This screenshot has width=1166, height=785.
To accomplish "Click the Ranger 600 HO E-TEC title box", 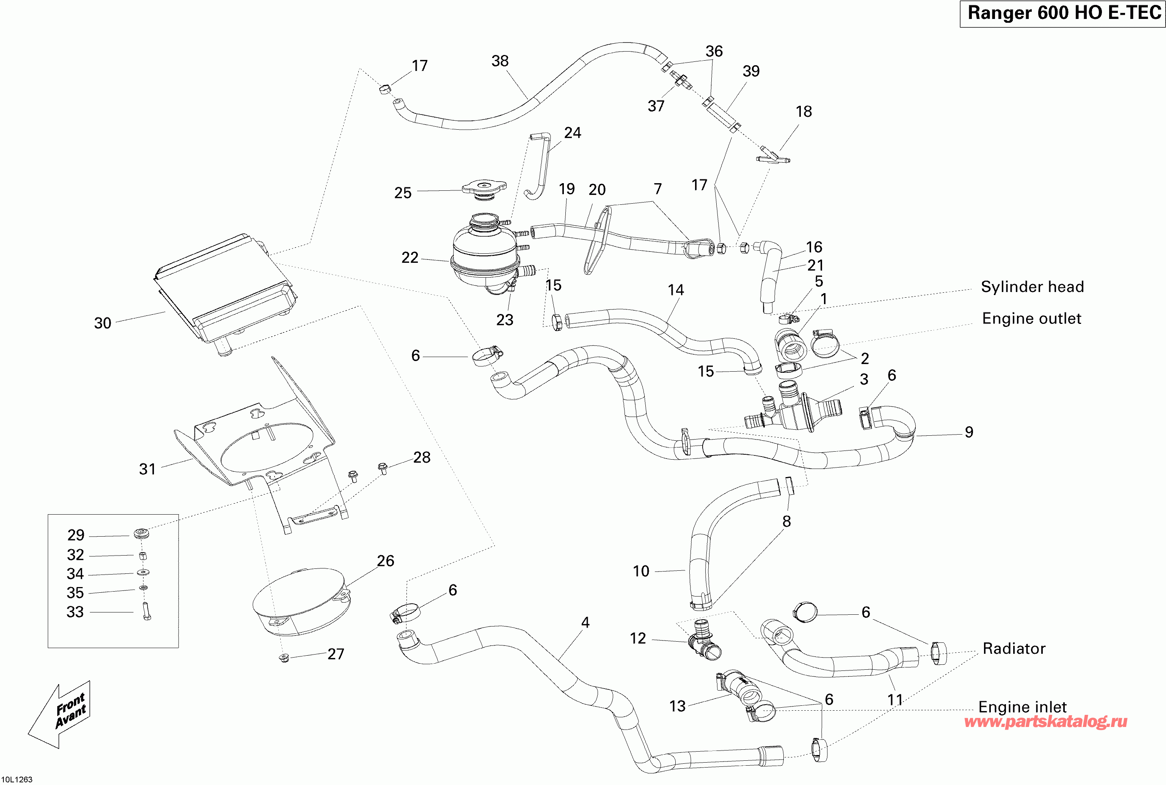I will [1062, 14].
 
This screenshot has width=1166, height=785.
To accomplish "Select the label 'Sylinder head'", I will [1032, 287].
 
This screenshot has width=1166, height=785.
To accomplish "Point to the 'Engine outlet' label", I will [1031, 319].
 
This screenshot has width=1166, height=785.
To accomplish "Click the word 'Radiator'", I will [1014, 649].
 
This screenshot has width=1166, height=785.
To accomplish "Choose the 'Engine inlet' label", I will [1022, 707].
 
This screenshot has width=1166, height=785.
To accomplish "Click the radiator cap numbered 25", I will [483, 189].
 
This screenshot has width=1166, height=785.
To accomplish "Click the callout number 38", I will [500, 61].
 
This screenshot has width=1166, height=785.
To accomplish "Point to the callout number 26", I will [385, 561].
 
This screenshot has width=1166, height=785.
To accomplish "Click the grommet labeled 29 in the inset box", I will [141, 534].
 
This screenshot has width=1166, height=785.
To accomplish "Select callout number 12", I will [637, 638].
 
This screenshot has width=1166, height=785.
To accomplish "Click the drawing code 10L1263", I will [17, 779].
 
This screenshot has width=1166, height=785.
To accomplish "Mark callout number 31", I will [147, 469].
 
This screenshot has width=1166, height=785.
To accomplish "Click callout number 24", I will [573, 133].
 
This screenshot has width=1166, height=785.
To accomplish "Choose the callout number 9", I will [969, 432].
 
